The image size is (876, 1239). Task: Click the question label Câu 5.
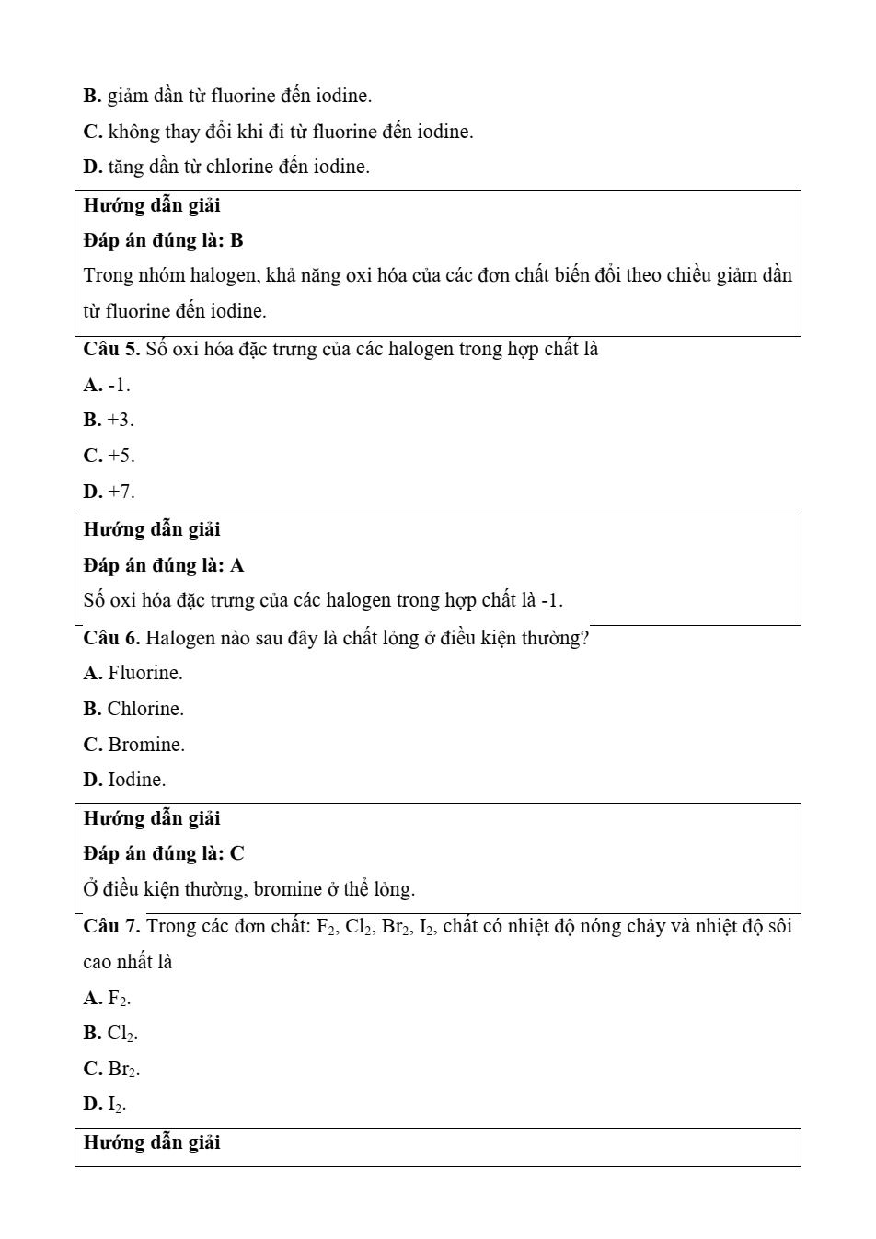(x=110, y=350)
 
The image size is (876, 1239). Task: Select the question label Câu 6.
(x=110, y=639)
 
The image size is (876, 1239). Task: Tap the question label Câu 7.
(x=110, y=927)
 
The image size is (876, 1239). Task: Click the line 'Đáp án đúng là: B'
(x=163, y=241)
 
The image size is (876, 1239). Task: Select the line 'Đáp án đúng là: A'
(x=163, y=566)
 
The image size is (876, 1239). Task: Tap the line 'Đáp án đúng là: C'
(x=163, y=854)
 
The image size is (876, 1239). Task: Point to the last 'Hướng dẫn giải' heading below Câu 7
(x=152, y=1143)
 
